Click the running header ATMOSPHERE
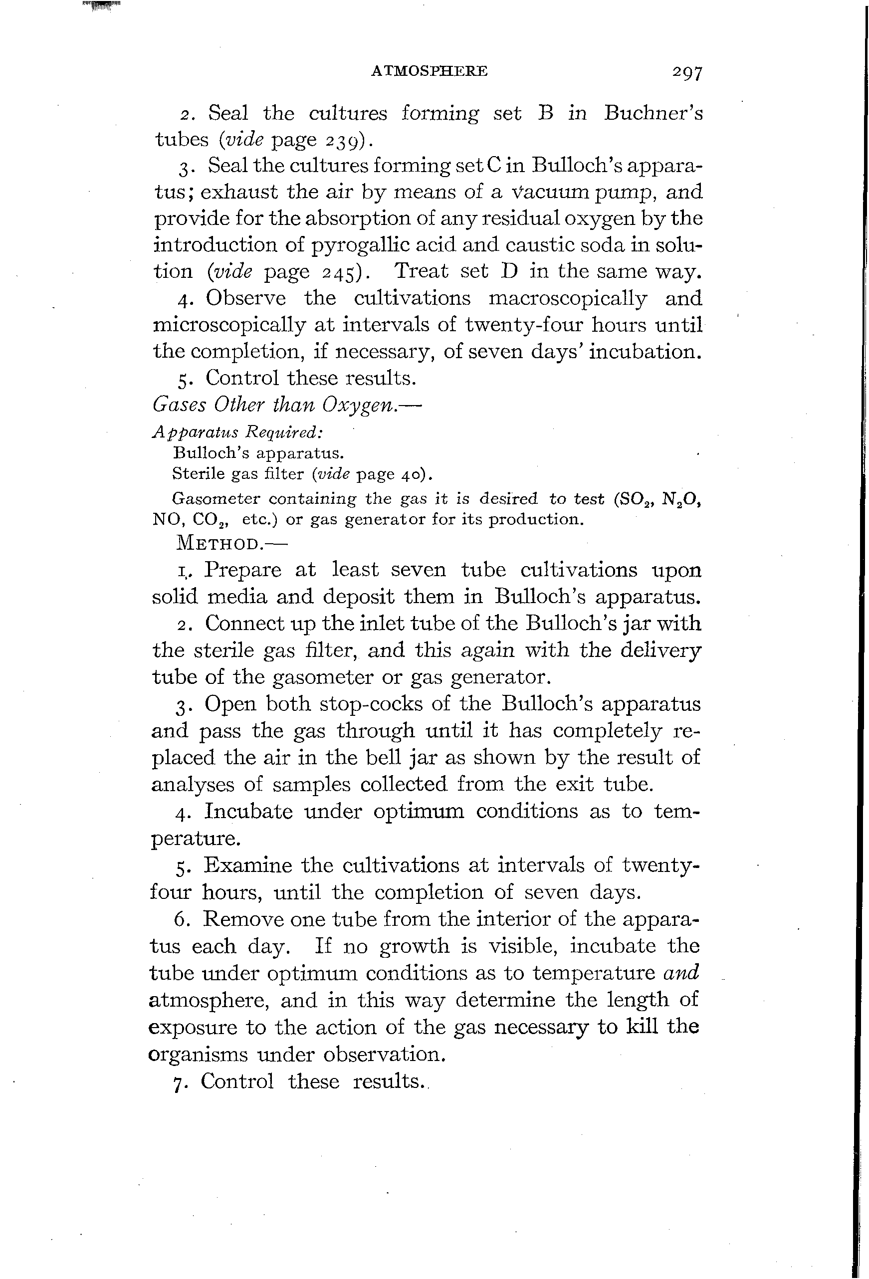pos(430,71)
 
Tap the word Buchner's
pos(653,113)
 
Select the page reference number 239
pos(344,141)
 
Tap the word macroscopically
pos(567,298)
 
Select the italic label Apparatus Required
pos(236,432)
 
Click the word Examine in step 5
pos(246,865)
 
